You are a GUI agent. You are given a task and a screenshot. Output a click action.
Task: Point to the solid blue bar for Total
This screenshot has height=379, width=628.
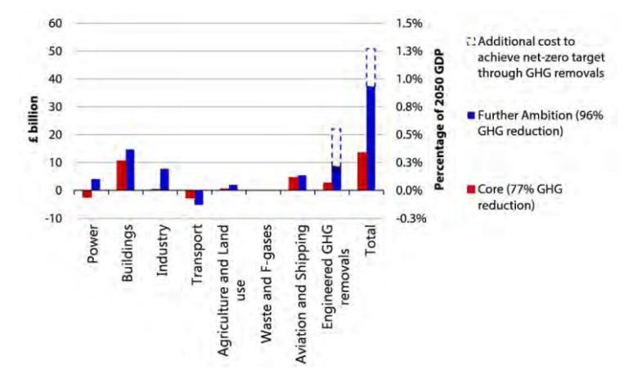coord(370,138)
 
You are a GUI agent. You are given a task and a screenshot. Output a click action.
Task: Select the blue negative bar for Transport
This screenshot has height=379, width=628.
coord(199,197)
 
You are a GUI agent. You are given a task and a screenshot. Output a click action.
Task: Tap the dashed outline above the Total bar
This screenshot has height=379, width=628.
coord(370,66)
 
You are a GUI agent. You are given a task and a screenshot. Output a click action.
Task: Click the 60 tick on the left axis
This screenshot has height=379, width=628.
coord(56,22)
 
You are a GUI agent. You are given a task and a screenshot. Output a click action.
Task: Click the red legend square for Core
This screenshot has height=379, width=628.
coord(470,190)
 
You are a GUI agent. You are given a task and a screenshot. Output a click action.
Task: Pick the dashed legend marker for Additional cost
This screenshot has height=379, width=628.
coord(470,41)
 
